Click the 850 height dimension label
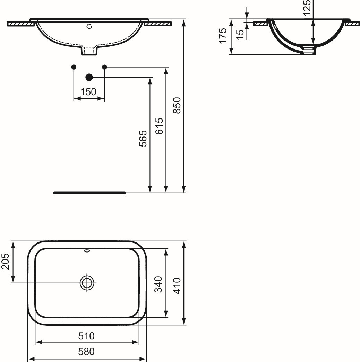pyautogui.click(x=177, y=105)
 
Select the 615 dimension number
pyautogui.click(x=159, y=126)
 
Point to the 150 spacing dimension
pyautogui.click(x=88, y=92)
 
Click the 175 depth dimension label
pyautogui.click(x=223, y=36)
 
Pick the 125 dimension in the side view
pyautogui.click(x=307, y=8)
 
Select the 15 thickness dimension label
pyautogui.click(x=240, y=34)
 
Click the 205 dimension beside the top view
pyautogui.click(x=5, y=261)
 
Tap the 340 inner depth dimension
pyautogui.click(x=158, y=284)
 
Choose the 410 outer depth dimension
pyautogui.click(x=177, y=286)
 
